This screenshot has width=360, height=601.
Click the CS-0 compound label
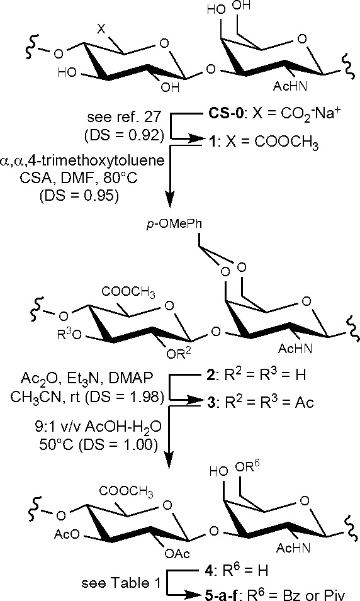click(225, 115)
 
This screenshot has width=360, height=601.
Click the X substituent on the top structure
click(101, 29)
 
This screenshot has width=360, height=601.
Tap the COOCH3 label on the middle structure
click(128, 293)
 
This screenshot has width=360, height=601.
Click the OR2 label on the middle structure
click(179, 353)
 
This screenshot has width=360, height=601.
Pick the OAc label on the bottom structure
click(177, 553)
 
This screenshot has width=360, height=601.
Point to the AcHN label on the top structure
click(290, 87)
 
